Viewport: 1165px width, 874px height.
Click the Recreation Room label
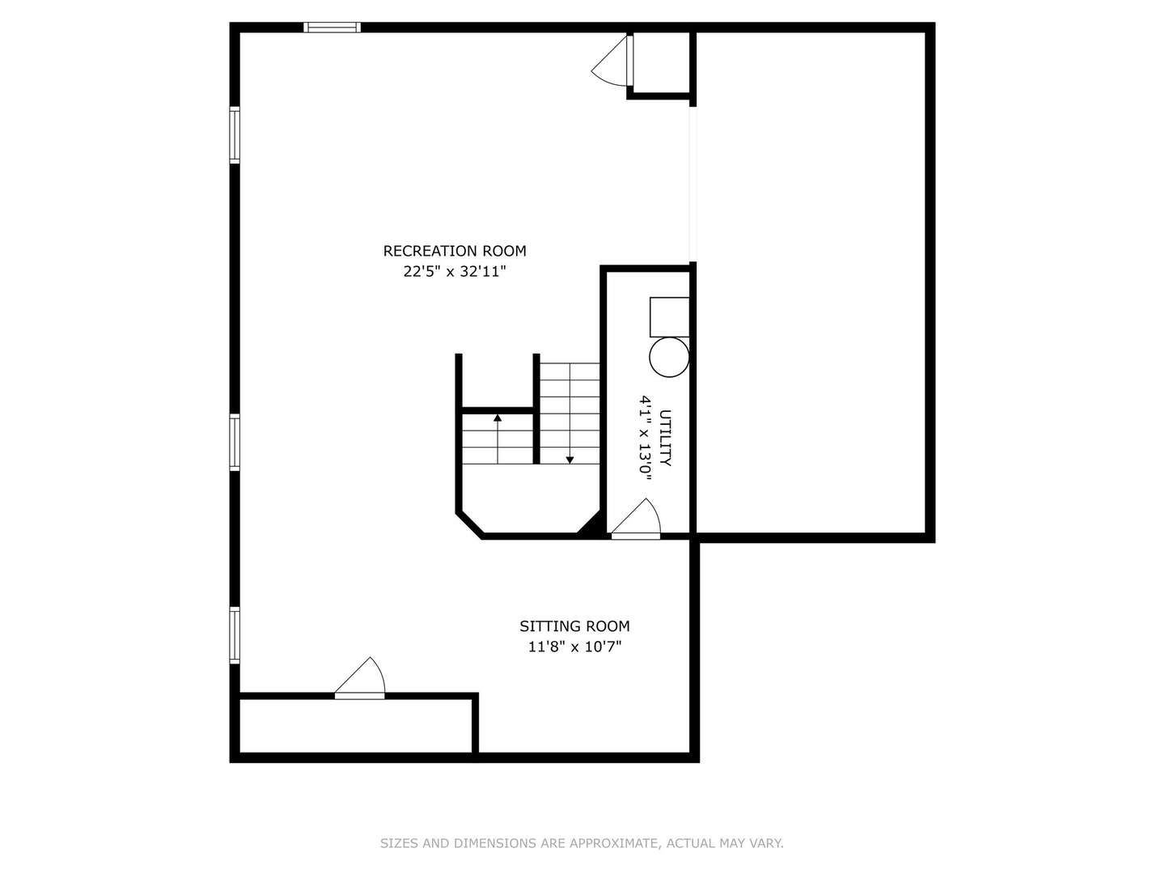[455, 251]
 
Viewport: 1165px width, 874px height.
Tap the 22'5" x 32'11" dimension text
[455, 272]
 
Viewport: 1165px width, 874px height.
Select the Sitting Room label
[574, 626]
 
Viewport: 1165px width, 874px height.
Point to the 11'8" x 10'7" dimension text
[574, 647]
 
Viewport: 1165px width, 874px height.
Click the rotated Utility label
[665, 438]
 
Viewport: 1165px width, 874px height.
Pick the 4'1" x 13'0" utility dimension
[645, 438]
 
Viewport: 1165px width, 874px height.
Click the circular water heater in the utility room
[669, 357]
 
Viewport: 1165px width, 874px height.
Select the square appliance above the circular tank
[669, 316]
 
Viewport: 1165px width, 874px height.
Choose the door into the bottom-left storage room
[360, 677]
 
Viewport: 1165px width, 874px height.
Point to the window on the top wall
[333, 27]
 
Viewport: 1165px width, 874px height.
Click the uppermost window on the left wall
[235, 135]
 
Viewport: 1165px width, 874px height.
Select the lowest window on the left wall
[235, 635]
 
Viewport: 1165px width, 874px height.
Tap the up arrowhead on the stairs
[498, 418]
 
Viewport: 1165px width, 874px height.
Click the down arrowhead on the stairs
[570, 460]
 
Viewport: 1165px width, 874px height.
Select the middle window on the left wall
[235, 442]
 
